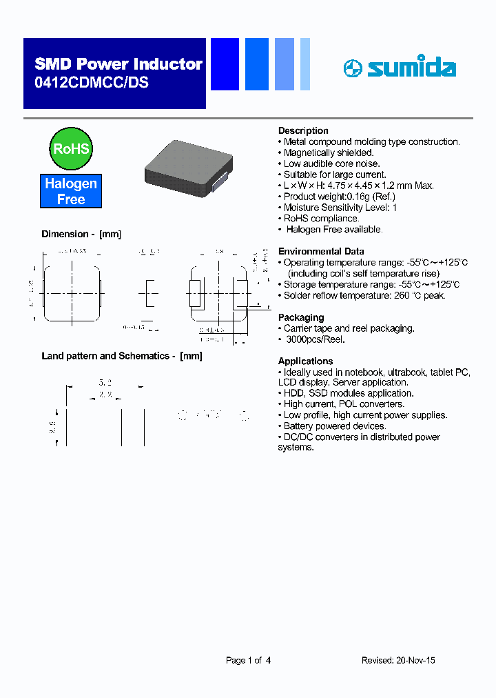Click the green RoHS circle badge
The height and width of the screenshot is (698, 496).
(x=72, y=149)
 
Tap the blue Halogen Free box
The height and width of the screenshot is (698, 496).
(x=71, y=192)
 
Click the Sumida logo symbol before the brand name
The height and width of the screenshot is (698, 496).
(x=353, y=68)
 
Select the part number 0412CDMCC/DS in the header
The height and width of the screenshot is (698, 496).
(x=91, y=82)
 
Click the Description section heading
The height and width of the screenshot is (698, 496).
(x=303, y=130)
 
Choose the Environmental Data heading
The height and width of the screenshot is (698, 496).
(x=321, y=251)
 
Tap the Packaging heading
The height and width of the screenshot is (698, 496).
(x=301, y=317)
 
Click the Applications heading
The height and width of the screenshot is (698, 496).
(x=305, y=361)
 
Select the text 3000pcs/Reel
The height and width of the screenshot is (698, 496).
(x=316, y=339)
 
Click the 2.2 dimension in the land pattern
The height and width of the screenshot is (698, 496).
(x=104, y=395)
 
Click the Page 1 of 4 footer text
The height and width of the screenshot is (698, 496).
(x=248, y=660)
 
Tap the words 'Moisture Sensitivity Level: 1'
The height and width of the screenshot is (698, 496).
(x=340, y=208)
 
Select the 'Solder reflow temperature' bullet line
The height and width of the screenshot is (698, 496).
(x=364, y=295)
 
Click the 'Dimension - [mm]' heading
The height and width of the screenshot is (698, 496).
(x=81, y=234)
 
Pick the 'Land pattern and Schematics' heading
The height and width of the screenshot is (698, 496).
(x=122, y=356)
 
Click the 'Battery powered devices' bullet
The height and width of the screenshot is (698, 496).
(x=334, y=426)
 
